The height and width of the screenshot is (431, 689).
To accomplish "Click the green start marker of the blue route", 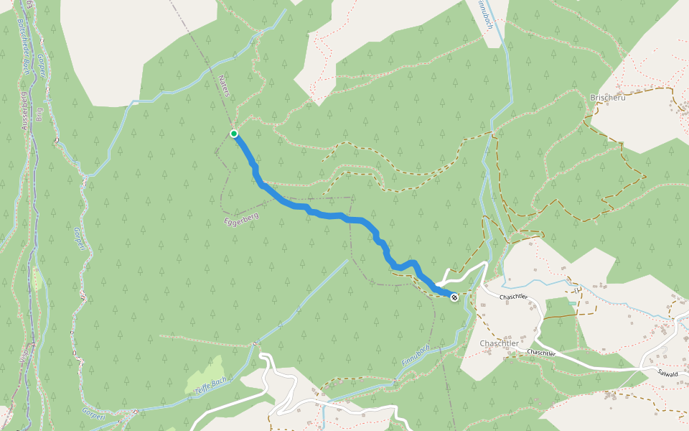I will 234,134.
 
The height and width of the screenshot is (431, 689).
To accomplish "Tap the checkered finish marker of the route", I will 454,296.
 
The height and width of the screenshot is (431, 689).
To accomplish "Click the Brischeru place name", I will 607,98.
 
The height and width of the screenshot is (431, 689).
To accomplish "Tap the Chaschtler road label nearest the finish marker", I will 514,297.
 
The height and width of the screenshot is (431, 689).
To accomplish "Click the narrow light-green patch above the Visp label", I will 36,278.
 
